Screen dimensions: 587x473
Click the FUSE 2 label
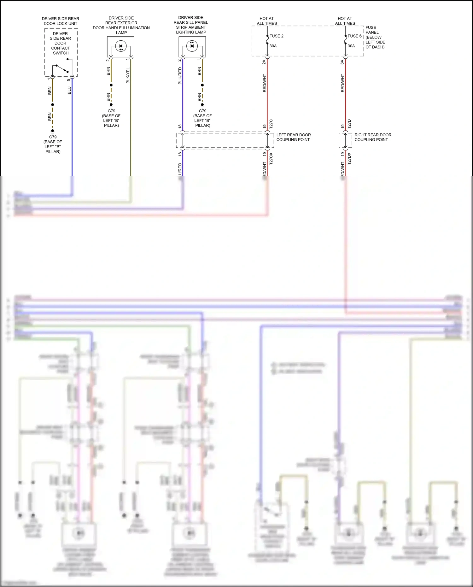(276, 36)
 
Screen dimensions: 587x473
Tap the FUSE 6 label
(354, 36)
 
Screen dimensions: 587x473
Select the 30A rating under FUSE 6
(351, 46)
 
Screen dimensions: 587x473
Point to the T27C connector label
(271, 124)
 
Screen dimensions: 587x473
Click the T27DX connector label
(349, 158)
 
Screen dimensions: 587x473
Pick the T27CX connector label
(271, 158)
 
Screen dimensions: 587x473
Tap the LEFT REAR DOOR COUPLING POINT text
(293, 137)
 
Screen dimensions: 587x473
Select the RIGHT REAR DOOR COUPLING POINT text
(373, 137)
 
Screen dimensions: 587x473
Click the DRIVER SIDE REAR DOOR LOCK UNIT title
(61, 21)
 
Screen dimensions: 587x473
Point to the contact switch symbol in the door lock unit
(62, 68)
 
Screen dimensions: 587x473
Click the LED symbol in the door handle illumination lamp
(121, 46)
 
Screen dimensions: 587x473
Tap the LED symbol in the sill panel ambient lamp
(192, 46)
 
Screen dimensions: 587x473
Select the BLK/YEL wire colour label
(128, 76)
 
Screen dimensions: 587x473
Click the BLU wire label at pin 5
(69, 90)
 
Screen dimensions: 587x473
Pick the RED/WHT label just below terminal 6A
(343, 83)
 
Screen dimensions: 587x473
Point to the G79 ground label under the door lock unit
(53, 137)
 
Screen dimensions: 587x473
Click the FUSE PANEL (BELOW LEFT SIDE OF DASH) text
(375, 37)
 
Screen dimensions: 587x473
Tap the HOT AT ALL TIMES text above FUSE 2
(267, 21)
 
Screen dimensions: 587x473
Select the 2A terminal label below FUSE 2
(264, 62)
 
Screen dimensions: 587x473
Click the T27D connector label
(349, 124)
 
